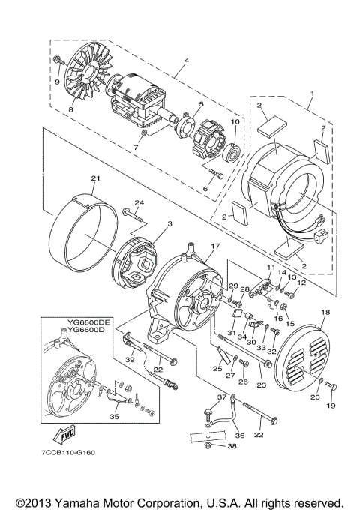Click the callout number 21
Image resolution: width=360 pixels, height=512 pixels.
click(x=95, y=178)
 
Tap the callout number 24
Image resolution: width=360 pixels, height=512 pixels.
click(x=138, y=202)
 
